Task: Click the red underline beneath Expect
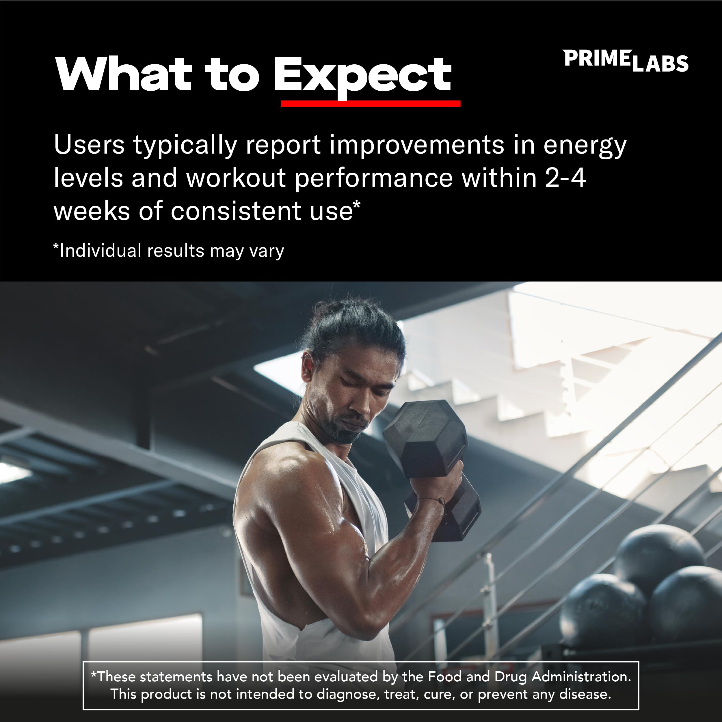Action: click(370, 104)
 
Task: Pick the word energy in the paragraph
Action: click(585, 146)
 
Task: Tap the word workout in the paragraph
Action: click(236, 178)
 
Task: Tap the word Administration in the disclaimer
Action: click(581, 676)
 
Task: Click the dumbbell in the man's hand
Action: click(430, 460)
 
